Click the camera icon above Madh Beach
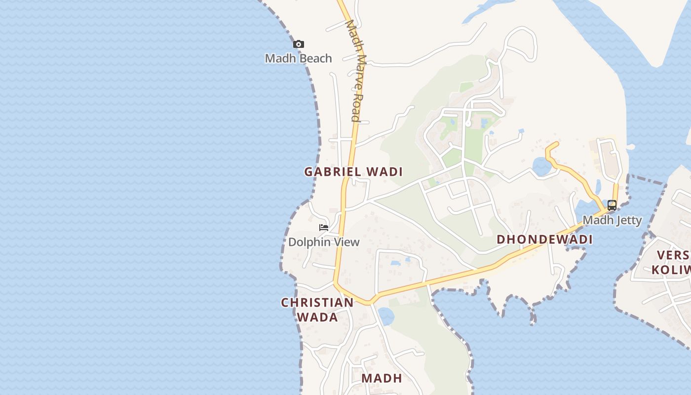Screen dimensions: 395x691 [298, 44]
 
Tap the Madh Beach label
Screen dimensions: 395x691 [298, 58]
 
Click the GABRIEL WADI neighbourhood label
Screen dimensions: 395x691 [353, 172]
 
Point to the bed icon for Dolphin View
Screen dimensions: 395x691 [324, 228]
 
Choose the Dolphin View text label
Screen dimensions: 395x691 [324, 242]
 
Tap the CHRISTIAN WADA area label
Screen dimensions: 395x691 [317, 310]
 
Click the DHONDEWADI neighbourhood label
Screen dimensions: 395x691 [544, 239]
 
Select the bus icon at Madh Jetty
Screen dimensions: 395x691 [612, 205]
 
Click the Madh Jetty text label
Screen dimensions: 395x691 [612, 220]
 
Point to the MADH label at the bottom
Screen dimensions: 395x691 [382, 378]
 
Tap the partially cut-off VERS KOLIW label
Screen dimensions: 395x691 [672, 262]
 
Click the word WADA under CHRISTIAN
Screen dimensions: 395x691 [317, 317]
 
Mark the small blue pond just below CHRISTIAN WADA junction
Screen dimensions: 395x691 [385, 315]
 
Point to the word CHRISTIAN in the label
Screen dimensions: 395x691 [317, 302]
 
